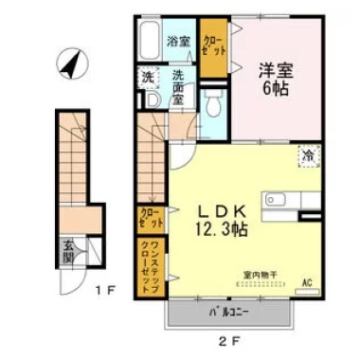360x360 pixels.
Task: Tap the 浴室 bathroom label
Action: [178, 41]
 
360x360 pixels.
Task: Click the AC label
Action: [306, 281]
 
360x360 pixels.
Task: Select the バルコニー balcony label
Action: [228, 311]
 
